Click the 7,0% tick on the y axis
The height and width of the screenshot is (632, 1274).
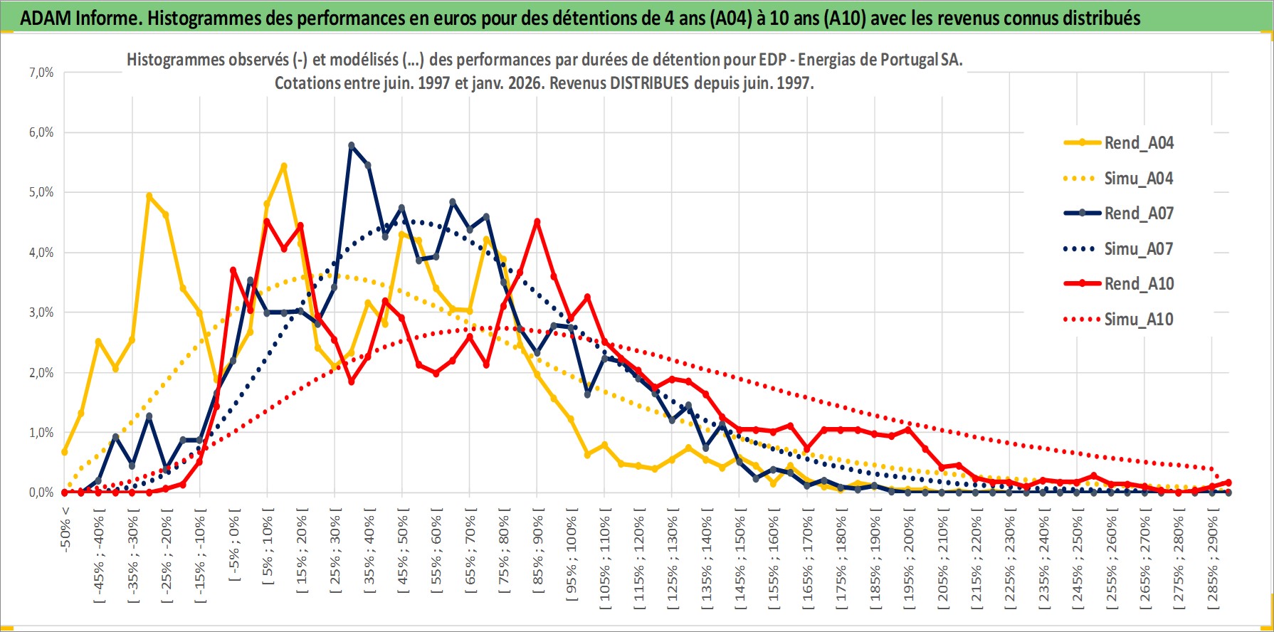[x=41, y=73]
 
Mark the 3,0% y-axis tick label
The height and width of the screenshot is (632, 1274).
[x=41, y=312]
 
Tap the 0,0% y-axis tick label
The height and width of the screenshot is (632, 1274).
[x=41, y=493]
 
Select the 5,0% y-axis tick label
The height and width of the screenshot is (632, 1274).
[x=41, y=192]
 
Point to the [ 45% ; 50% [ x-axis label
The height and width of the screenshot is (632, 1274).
[x=403, y=552]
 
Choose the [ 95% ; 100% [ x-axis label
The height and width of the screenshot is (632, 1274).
[x=572, y=555]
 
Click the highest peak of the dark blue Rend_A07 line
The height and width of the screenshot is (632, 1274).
[x=352, y=145]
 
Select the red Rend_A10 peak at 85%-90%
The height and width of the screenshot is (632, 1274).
[x=537, y=221]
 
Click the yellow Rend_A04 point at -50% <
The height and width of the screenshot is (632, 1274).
[x=65, y=452]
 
